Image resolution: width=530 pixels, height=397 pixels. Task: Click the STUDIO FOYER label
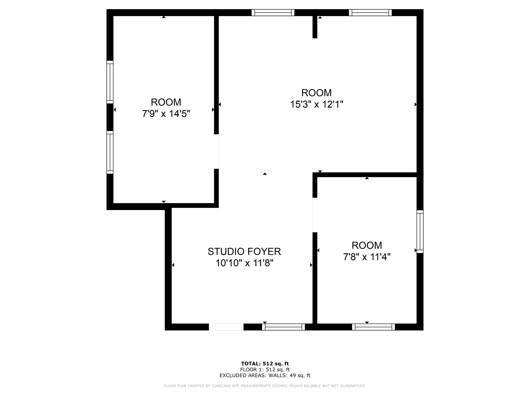click(244, 251)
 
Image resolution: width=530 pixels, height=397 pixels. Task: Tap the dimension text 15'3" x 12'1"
click(316, 104)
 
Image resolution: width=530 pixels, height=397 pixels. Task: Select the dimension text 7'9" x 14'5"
click(166, 114)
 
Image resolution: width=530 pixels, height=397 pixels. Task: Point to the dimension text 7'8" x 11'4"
click(366, 257)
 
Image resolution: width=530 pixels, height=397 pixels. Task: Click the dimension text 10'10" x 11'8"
click(244, 263)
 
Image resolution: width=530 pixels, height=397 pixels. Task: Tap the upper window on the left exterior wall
click(110, 82)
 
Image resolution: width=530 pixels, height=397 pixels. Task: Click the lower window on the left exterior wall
click(110, 152)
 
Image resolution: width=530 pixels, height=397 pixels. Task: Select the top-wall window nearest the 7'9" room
click(273, 13)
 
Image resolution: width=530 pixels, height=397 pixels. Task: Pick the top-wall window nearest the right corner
click(370, 13)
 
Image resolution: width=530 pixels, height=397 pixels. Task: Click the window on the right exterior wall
click(420, 231)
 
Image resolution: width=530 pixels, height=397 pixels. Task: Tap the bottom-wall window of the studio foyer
click(283, 327)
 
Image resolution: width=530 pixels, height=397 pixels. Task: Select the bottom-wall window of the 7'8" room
click(373, 327)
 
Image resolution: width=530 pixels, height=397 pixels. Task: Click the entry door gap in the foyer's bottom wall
click(226, 327)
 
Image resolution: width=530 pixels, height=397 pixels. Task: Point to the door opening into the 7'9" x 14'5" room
click(216, 151)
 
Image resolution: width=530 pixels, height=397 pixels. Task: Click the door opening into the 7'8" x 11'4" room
click(315, 215)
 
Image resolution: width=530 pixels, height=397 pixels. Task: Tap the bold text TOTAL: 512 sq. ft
click(265, 364)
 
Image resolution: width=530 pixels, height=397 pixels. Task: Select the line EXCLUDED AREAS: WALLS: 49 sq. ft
click(265, 376)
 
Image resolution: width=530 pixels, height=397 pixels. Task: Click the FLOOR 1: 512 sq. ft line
click(265, 370)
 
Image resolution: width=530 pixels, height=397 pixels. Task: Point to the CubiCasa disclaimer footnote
click(265, 386)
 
